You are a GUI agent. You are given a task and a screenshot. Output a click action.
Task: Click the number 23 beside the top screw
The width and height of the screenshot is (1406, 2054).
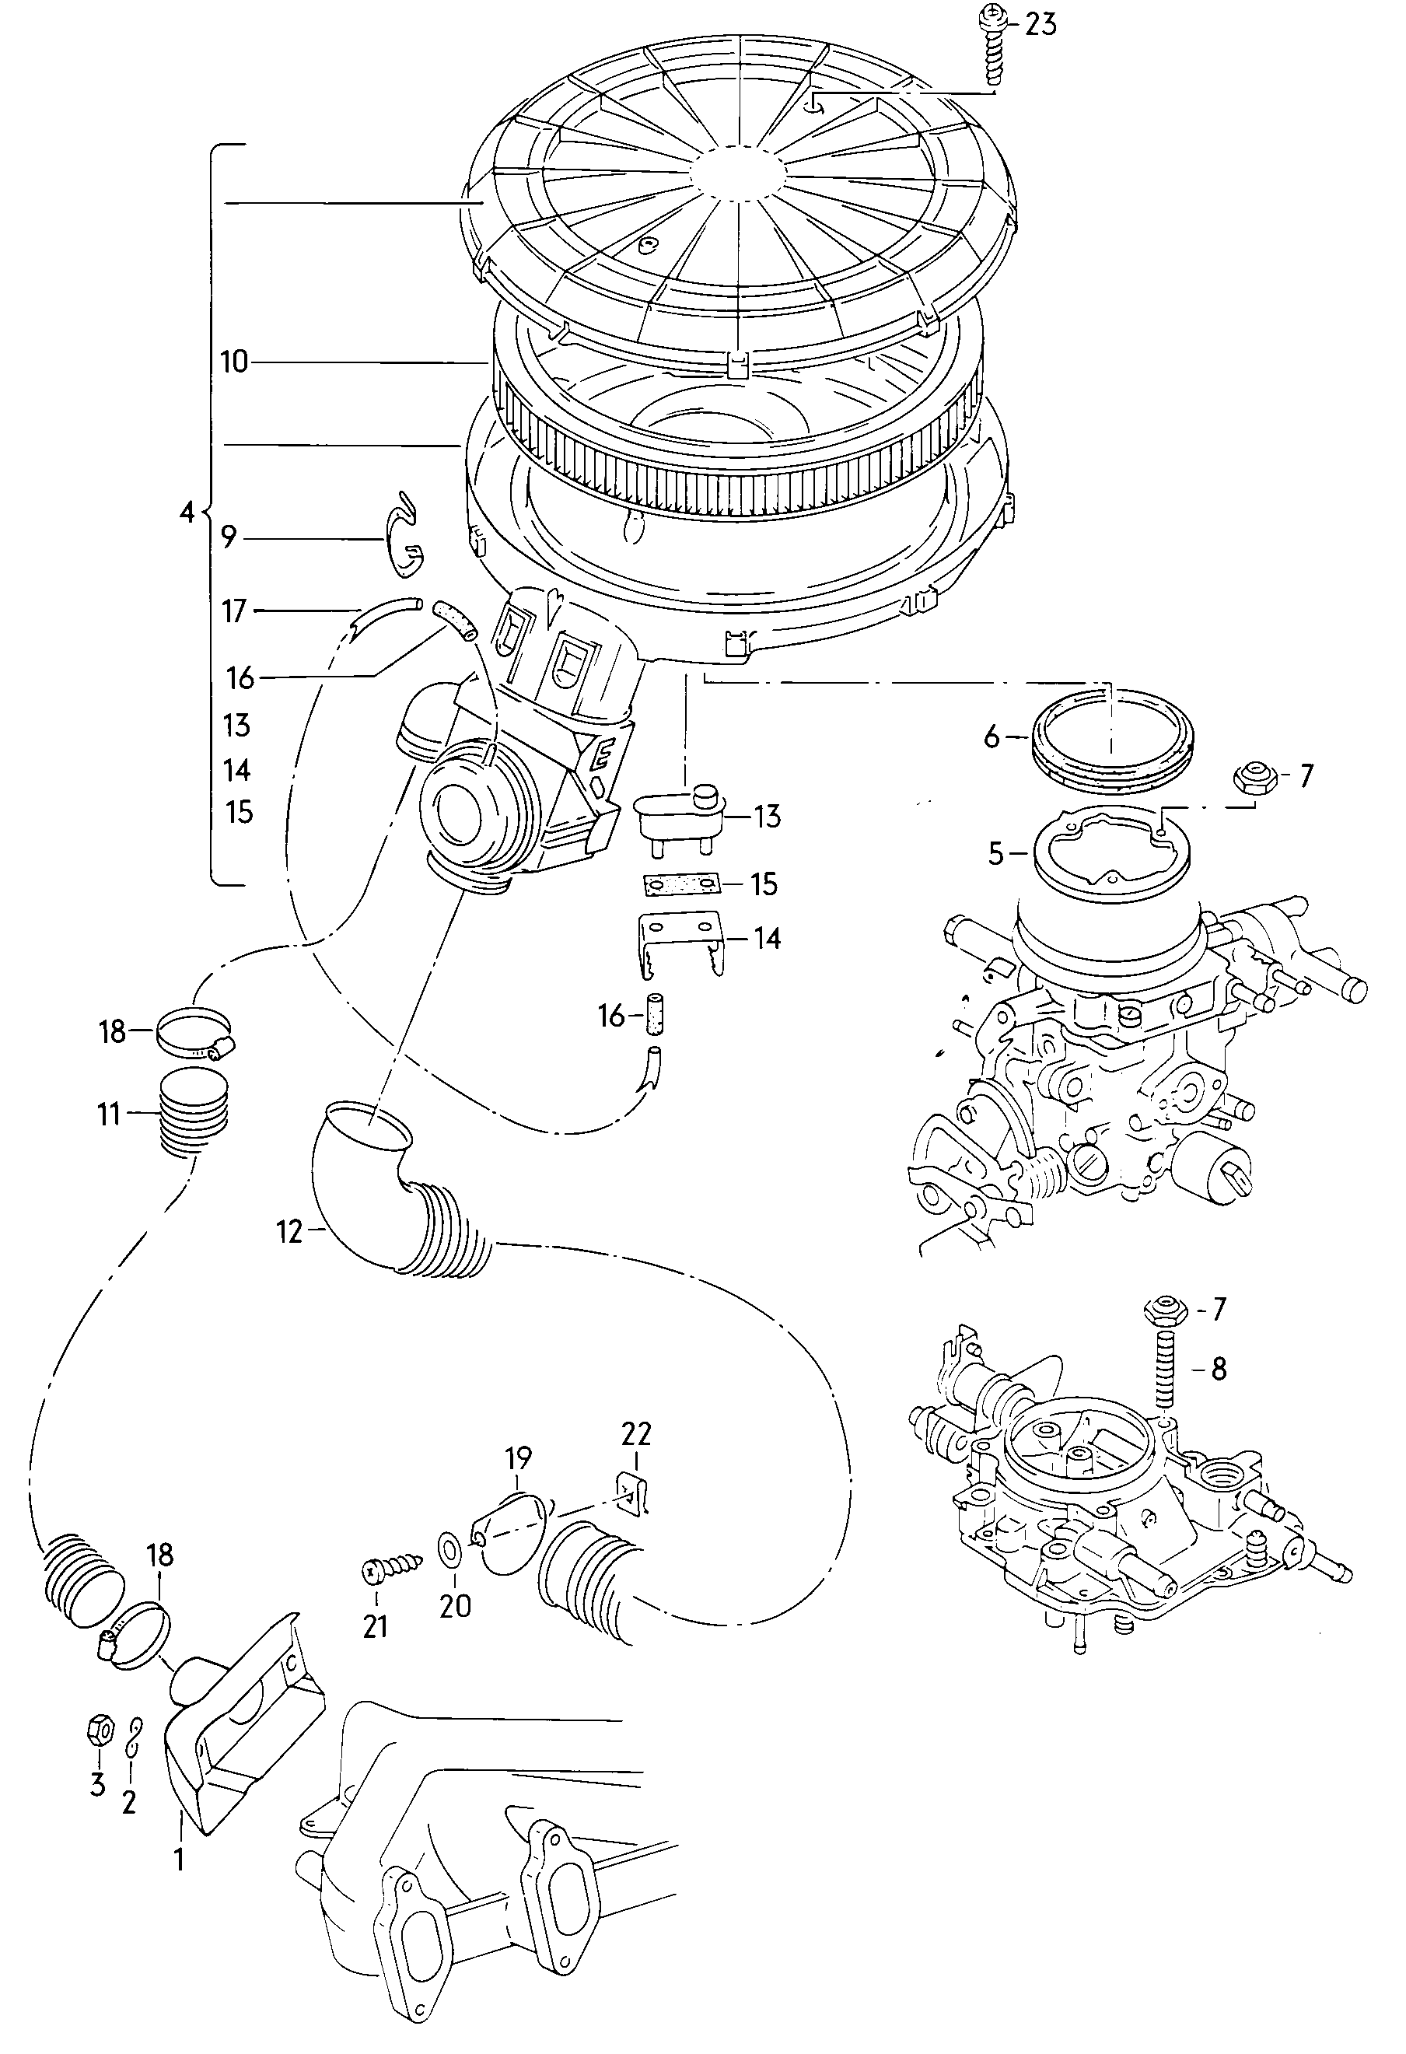[1041, 24]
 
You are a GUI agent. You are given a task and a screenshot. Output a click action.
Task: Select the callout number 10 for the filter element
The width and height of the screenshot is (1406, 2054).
[234, 362]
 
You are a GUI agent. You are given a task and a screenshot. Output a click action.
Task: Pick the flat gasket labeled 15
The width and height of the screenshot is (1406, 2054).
[680, 883]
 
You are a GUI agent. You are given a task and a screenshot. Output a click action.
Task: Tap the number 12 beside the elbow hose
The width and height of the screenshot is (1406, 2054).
[290, 1231]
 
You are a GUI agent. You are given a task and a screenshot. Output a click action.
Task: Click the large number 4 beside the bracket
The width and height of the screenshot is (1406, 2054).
[186, 512]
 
